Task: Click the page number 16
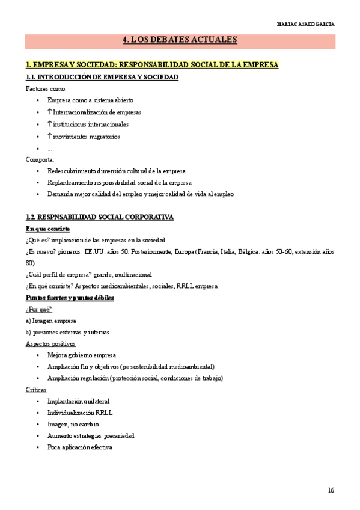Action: click(331, 490)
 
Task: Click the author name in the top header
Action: click(306, 25)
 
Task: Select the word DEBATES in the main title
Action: click(171, 41)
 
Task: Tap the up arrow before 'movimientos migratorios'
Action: click(50, 136)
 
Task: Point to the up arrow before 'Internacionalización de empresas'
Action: click(50, 112)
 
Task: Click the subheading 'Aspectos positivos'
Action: click(50, 343)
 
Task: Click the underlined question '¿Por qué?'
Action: click(38, 309)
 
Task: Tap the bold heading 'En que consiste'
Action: click(47, 229)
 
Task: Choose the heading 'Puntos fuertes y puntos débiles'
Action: click(70, 298)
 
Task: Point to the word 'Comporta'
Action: click(40, 159)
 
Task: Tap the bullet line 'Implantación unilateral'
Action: click(78, 401)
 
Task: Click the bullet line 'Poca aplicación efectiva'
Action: click(79, 447)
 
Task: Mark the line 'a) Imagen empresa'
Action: click(50, 321)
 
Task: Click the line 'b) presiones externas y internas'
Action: click(67, 332)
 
